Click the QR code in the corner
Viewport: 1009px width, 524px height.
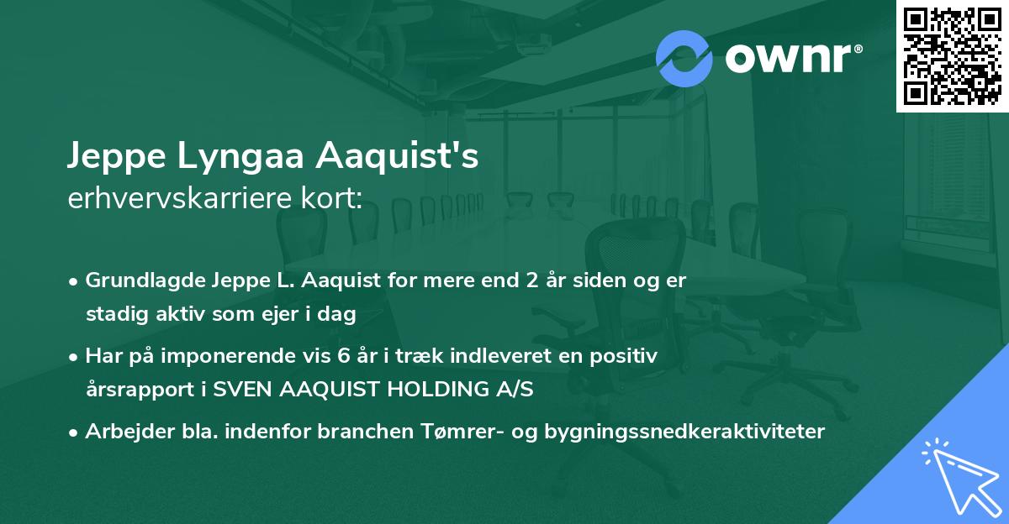pos(953,55)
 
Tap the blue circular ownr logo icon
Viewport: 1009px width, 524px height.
pos(684,58)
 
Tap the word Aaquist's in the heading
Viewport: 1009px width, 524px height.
pos(398,156)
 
